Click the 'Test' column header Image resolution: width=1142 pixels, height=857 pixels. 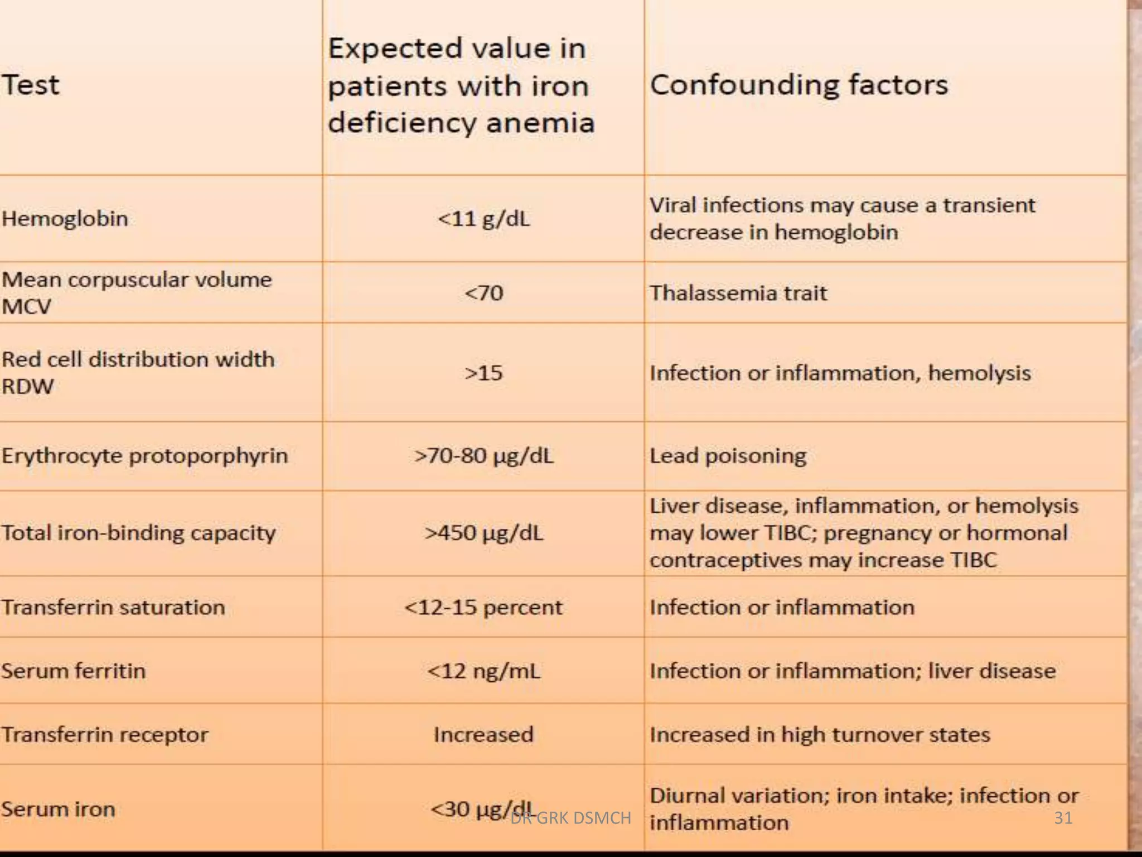[31, 85]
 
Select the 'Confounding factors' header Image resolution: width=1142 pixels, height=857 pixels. [799, 85]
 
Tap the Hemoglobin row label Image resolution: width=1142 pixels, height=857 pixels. [65, 219]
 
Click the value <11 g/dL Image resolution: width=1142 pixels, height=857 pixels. [483, 219]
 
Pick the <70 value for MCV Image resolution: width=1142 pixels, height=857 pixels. [483, 293]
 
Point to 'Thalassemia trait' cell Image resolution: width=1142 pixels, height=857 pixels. [738, 293]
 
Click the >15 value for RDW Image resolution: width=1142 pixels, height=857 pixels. [483, 373]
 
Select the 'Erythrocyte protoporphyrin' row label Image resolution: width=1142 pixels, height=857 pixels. [144, 456]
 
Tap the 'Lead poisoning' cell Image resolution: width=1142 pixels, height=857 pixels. [728, 456]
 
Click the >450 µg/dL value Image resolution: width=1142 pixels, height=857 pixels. [483, 533]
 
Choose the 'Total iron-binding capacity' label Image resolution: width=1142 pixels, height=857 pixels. [138, 533]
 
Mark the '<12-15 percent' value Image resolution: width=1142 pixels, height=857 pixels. [483, 607]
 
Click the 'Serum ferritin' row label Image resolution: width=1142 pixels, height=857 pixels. [73, 671]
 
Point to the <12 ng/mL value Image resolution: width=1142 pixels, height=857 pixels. [483, 671]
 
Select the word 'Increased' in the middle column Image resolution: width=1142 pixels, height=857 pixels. [483, 734]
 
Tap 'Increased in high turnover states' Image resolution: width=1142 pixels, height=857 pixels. [820, 734]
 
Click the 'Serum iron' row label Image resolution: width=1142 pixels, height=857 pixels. [58, 809]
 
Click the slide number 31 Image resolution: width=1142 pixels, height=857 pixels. [1063, 818]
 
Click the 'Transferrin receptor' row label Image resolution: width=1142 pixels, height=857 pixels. [104, 734]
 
